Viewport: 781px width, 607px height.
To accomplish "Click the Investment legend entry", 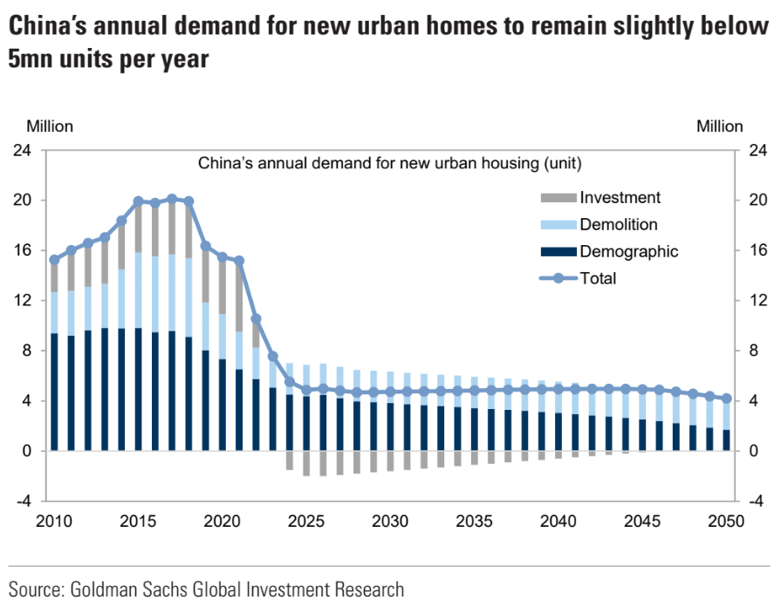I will coord(620,198).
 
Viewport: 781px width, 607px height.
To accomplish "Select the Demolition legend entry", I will coord(618,225).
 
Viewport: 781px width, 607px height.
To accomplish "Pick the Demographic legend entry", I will coord(628,252).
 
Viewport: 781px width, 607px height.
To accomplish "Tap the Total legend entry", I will coord(598,279).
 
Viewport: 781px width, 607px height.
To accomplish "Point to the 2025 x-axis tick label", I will coord(305,522).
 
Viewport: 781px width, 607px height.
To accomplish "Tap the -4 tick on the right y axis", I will coord(756,501).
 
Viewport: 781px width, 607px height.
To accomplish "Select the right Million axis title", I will coord(720,126).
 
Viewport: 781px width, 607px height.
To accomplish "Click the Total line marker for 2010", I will coord(54,260).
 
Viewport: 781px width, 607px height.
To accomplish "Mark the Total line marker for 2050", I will coord(727,399).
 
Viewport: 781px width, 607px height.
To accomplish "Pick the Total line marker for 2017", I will coord(172,199).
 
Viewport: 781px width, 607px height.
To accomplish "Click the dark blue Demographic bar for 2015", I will coord(138,390).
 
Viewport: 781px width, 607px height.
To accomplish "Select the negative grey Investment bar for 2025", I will coord(306,463).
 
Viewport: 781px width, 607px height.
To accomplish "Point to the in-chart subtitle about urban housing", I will coord(389,163).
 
